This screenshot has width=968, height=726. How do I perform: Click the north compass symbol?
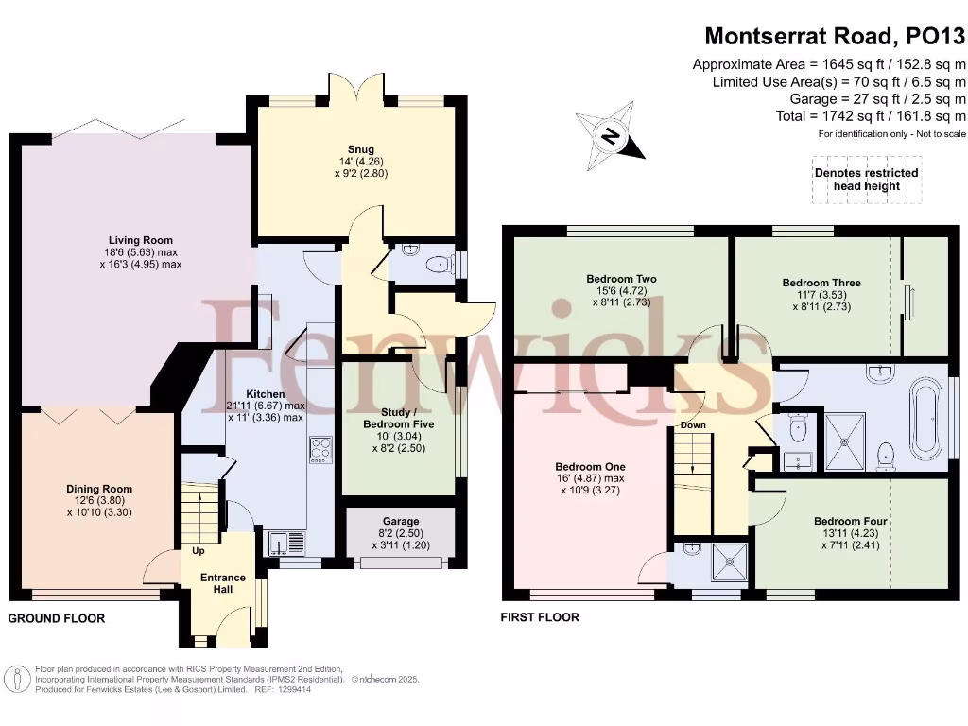pyautogui.click(x=610, y=137)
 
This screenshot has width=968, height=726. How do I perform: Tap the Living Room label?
pyautogui.click(x=140, y=241)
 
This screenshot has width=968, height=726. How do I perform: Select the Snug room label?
pyautogui.click(x=360, y=149)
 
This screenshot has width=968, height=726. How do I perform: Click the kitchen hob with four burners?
pyautogui.click(x=321, y=448)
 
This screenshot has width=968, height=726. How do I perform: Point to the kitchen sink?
pyautogui.click(x=281, y=543)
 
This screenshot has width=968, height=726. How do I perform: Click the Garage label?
pyautogui.click(x=401, y=521)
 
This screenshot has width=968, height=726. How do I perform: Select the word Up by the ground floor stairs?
pyautogui.click(x=199, y=550)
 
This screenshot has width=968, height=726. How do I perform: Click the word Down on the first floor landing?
pyautogui.click(x=693, y=425)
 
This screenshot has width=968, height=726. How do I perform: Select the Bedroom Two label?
pyautogui.click(x=621, y=279)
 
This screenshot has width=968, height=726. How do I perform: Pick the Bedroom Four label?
pyautogui.click(x=851, y=521)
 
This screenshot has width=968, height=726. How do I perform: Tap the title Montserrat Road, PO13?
pyautogui.click(x=835, y=37)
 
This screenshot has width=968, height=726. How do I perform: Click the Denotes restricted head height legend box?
pyautogui.click(x=866, y=180)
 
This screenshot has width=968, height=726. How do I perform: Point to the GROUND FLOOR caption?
pyautogui.click(x=57, y=618)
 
